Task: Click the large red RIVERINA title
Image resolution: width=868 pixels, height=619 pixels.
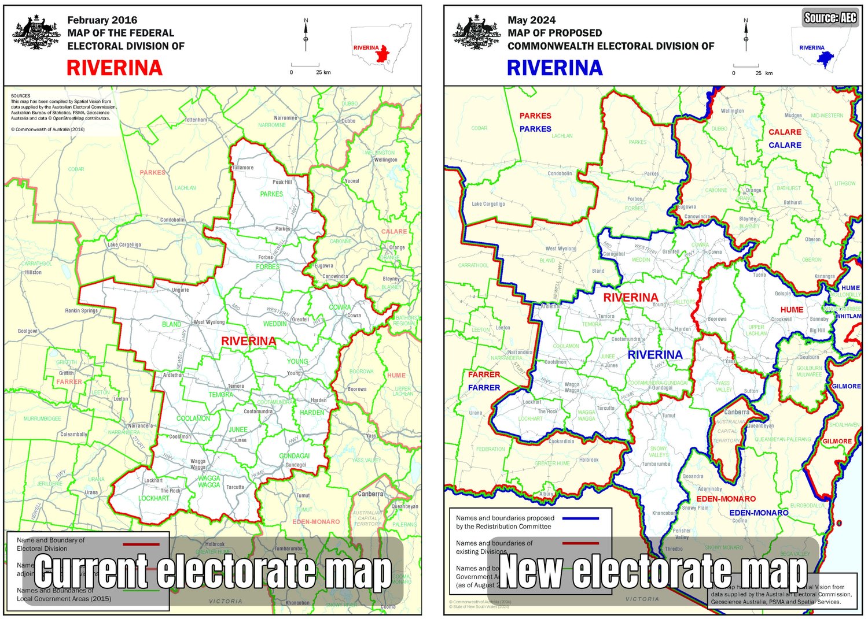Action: (x=115, y=68)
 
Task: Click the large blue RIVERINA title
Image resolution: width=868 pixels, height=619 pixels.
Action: (x=554, y=68)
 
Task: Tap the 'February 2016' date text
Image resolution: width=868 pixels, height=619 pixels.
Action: (x=102, y=20)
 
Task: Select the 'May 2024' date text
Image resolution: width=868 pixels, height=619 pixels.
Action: (x=531, y=20)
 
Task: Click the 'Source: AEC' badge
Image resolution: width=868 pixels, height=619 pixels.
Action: (x=830, y=18)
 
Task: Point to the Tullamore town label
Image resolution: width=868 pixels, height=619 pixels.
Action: (x=242, y=168)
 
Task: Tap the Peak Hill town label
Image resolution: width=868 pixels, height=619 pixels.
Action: (x=282, y=182)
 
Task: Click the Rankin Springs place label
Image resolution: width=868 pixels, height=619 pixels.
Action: (x=81, y=311)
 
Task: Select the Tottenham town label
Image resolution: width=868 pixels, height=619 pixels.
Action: (x=196, y=120)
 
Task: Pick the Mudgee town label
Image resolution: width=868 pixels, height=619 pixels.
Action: (x=793, y=116)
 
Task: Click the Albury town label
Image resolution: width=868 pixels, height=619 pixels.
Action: (x=546, y=494)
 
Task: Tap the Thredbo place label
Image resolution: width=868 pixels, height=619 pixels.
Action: (x=674, y=549)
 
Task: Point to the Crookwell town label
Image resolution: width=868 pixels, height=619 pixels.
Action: (x=782, y=319)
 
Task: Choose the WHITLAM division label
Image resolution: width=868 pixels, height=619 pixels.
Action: (x=848, y=316)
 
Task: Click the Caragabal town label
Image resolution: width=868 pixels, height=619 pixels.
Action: (x=614, y=254)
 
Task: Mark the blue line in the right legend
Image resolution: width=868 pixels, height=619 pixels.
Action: (x=580, y=518)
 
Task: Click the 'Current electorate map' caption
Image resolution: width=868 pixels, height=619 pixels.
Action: (x=212, y=572)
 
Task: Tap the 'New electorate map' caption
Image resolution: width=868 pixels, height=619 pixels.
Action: (x=653, y=572)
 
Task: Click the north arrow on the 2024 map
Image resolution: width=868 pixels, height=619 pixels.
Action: (x=746, y=35)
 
